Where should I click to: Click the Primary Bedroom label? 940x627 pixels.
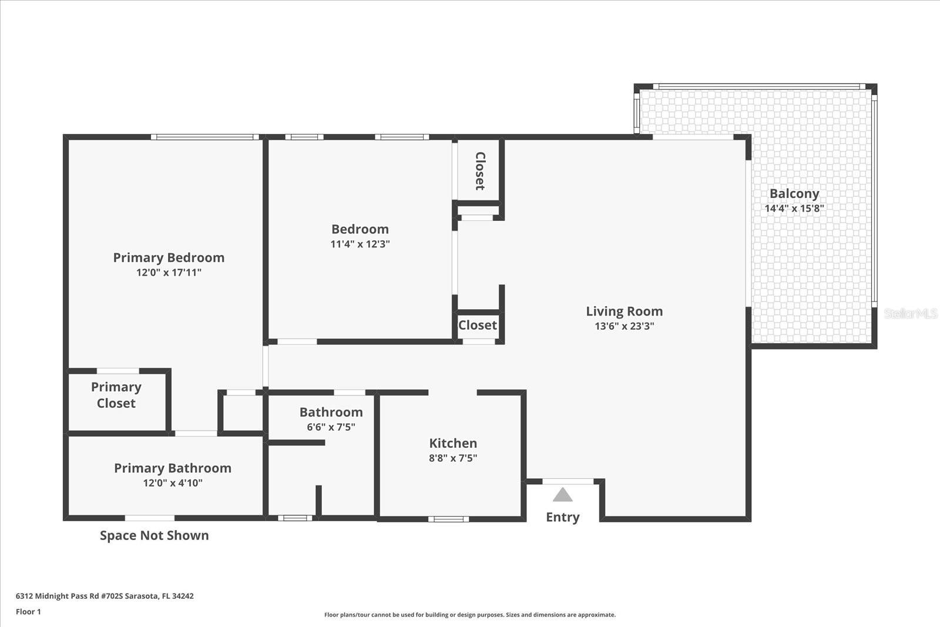pyautogui.click(x=169, y=257)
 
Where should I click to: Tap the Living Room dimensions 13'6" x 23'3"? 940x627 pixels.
pyautogui.click(x=624, y=326)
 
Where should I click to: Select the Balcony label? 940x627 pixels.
pyautogui.click(x=794, y=193)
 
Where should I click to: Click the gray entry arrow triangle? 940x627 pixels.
pyautogui.click(x=562, y=495)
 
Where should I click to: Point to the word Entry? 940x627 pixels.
pyautogui.click(x=562, y=517)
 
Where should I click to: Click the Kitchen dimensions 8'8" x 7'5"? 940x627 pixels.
pyautogui.click(x=452, y=458)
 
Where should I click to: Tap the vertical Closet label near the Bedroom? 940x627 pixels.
pyautogui.click(x=479, y=171)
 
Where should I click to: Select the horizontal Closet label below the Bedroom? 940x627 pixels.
pyautogui.click(x=477, y=325)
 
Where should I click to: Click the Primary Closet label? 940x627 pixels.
pyautogui.click(x=116, y=395)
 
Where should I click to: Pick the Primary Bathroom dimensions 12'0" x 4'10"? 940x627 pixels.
pyautogui.click(x=173, y=483)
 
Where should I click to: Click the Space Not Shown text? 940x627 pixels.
pyautogui.click(x=154, y=535)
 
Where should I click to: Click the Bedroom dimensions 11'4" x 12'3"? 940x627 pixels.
pyautogui.click(x=360, y=244)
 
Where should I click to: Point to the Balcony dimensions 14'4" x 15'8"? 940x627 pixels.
pyautogui.click(x=794, y=209)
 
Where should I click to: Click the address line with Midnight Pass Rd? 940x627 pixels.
pyautogui.click(x=105, y=596)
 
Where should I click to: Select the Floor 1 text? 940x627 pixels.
pyautogui.click(x=28, y=612)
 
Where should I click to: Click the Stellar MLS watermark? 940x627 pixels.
pyautogui.click(x=910, y=314)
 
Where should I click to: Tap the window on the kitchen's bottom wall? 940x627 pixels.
pyautogui.click(x=448, y=519)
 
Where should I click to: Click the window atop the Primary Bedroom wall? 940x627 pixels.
pyautogui.click(x=204, y=137)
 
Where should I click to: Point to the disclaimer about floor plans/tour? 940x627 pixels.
pyautogui.click(x=470, y=615)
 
